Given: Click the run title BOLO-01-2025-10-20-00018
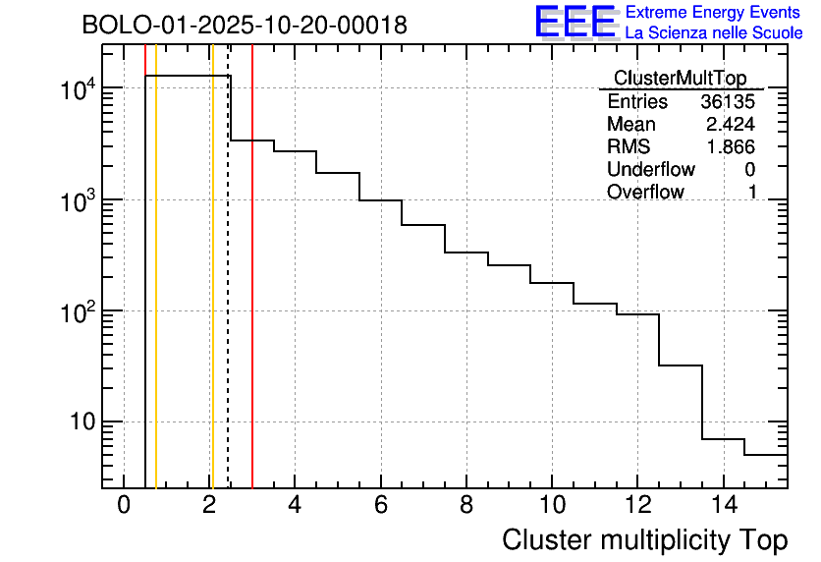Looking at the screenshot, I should coord(245,25).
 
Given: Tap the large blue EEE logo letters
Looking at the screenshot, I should coord(575,22).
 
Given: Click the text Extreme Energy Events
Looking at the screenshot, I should coord(714,13).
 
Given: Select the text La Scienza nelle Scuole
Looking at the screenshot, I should coord(714,33).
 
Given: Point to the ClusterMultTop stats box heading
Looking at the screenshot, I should coord(680,79).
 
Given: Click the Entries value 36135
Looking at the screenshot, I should coord(729,102).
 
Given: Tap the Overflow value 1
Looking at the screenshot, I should coord(752,193).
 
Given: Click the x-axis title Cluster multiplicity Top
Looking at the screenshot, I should coord(644,539).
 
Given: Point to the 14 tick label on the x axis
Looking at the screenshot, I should coord(723,505).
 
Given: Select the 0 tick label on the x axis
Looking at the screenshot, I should coord(124,505).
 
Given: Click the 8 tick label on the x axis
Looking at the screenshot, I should coord(466,505).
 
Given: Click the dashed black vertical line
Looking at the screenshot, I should coord(228,295).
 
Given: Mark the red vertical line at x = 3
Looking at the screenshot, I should coord(252,295).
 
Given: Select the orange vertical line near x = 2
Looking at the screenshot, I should coord(211,295).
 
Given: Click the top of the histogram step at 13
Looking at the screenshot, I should coord(681,365).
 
